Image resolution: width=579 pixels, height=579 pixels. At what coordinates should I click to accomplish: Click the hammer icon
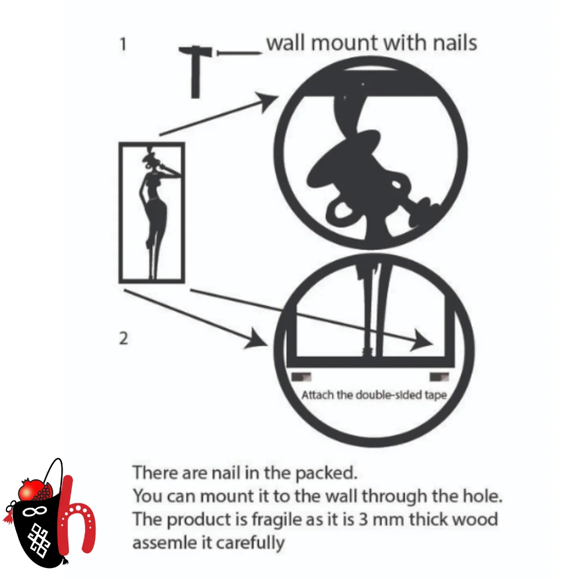tap(195, 71)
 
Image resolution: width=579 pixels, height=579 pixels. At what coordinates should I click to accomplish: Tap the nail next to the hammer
tap(239, 53)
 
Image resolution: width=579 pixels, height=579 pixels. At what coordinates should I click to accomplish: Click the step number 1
tap(123, 44)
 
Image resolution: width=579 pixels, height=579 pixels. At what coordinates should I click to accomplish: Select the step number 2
tap(123, 338)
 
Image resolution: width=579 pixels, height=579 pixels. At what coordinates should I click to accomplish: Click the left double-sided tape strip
tap(301, 377)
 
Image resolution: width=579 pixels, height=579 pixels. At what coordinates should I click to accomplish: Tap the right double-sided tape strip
tap(439, 377)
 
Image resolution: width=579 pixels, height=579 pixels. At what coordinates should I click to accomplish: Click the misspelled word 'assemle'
tap(163, 543)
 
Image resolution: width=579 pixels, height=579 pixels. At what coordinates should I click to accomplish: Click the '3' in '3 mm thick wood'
tap(364, 519)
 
